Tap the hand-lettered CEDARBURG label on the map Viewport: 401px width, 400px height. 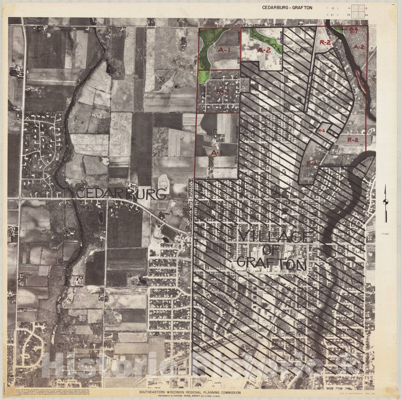(121, 194)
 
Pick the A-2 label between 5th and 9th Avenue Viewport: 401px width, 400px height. (264, 50)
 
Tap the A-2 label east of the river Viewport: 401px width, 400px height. (359, 47)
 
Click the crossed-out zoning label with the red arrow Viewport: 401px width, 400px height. (353, 30)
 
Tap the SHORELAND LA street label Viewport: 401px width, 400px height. (338, 164)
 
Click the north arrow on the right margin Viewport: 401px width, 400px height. (386, 203)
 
